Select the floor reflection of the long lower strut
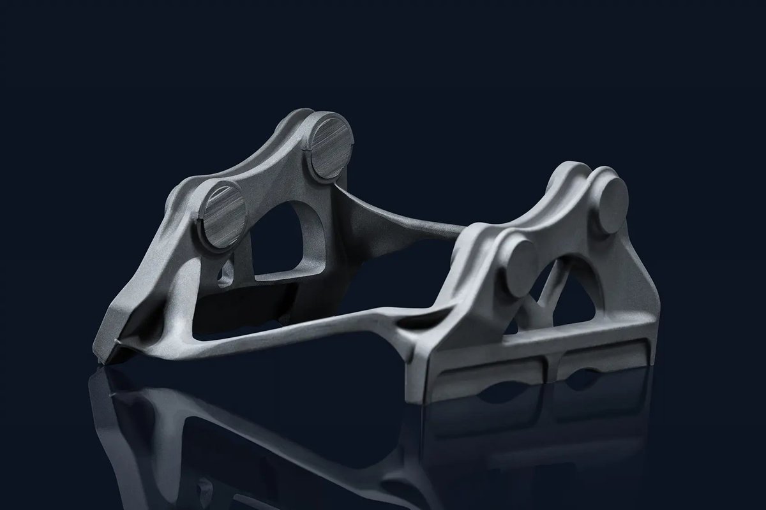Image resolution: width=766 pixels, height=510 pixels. tap(287, 440)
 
